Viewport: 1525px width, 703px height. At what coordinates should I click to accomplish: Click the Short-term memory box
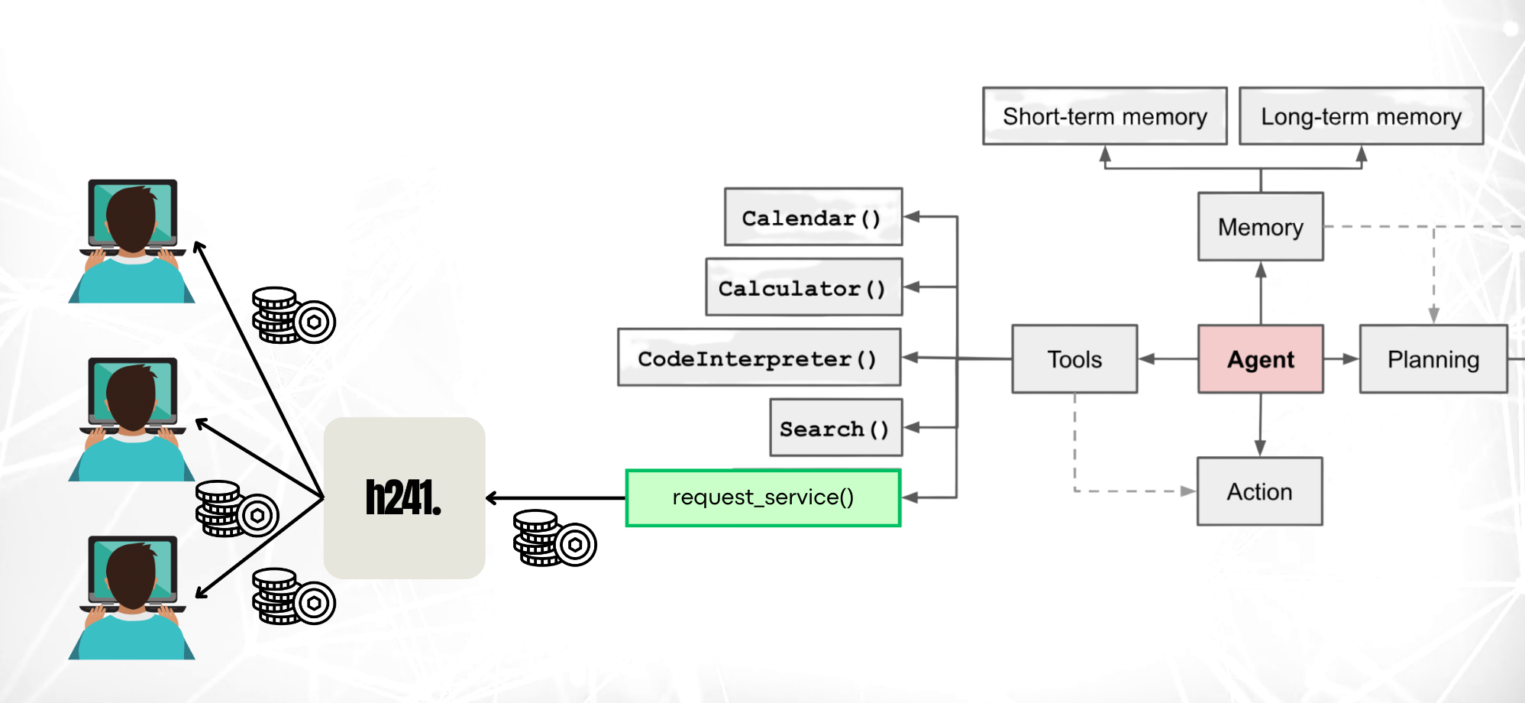tap(1104, 116)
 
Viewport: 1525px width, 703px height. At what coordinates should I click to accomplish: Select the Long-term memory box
tap(1361, 116)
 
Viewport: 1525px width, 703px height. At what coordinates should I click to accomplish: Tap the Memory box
tap(1260, 227)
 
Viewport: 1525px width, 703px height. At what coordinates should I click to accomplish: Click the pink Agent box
tap(1260, 359)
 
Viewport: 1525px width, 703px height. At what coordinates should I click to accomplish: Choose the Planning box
tap(1433, 359)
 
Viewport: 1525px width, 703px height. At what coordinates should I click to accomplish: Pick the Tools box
tap(1074, 359)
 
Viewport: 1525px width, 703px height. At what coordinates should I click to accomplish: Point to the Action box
tap(1259, 491)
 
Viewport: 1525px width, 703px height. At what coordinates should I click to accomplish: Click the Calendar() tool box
tap(813, 218)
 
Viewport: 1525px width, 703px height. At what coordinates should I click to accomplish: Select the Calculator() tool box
tap(803, 288)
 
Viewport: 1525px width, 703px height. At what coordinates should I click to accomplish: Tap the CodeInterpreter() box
tap(759, 358)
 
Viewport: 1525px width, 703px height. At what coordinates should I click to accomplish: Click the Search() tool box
tap(835, 429)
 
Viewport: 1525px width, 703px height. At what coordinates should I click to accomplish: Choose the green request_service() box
tap(763, 498)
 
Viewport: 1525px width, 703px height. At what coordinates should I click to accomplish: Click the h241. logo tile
tap(404, 498)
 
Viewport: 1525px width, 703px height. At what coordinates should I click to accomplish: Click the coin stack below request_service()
tap(554, 539)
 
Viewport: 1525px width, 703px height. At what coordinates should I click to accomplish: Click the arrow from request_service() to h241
tap(555, 498)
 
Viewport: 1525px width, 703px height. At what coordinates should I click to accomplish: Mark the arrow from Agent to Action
tap(1260, 425)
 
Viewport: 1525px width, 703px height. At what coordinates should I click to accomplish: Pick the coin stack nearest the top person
tap(293, 316)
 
